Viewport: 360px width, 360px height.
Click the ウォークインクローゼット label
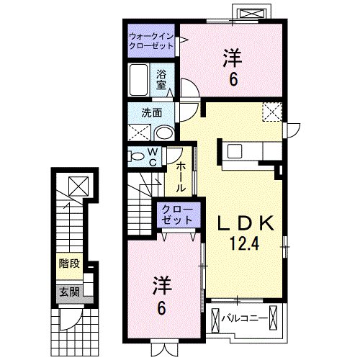tap(152, 40)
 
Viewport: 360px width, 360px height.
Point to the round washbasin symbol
tap(165, 132)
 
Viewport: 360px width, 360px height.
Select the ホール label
tap(181, 177)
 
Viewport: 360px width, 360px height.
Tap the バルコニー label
tap(249, 318)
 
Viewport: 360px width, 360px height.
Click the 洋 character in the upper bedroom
tap(231, 56)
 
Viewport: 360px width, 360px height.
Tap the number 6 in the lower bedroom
tap(162, 308)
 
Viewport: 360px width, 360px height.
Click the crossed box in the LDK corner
tap(272, 112)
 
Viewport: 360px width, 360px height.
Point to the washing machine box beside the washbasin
tap(139, 132)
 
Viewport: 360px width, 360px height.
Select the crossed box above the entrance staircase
tap(76, 186)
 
